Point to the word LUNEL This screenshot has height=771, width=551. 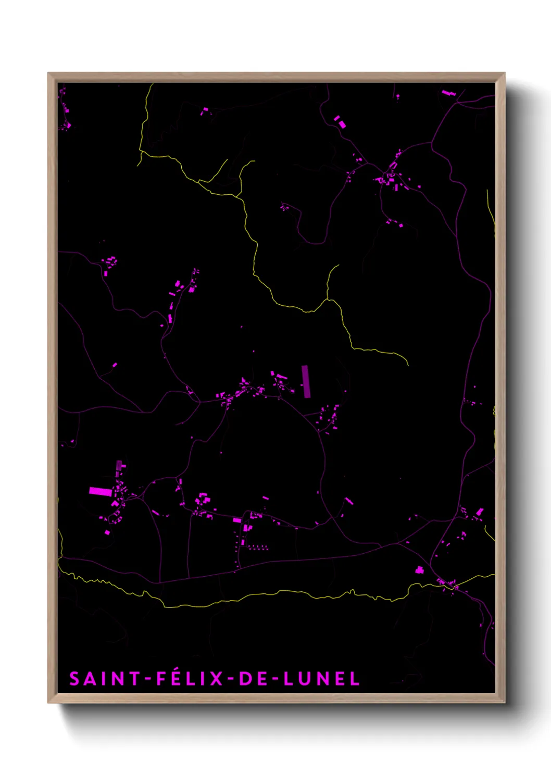pyautogui.click(x=321, y=679)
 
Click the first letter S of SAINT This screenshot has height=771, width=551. pyautogui.click(x=75, y=679)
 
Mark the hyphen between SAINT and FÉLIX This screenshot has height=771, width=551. pyautogui.click(x=147, y=679)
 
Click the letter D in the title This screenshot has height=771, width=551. pyautogui.click(x=244, y=679)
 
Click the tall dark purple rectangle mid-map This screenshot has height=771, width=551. pyautogui.click(x=306, y=381)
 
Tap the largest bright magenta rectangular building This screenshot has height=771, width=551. pyautogui.click(x=101, y=491)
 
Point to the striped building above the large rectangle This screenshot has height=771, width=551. pyautogui.click(x=119, y=465)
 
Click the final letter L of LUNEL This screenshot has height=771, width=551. pyautogui.click(x=355, y=679)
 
